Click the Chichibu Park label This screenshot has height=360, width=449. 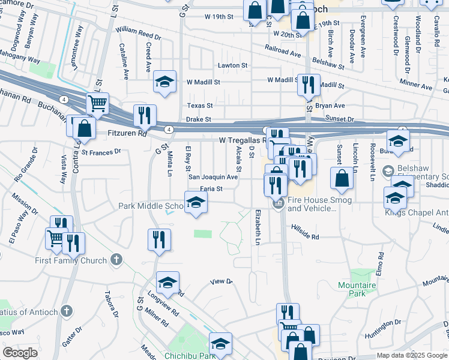[x=190, y=356]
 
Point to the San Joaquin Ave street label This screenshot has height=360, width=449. [x=213, y=177]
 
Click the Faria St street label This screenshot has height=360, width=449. [x=211, y=188]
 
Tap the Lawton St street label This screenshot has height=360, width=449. [x=233, y=65]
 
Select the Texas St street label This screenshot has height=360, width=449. [x=199, y=106]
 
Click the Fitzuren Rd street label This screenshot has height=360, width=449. [x=127, y=134]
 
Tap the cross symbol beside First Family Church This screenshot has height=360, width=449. [x=116, y=260]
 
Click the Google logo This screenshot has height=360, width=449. [x=20, y=353]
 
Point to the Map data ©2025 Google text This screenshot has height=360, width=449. [x=411, y=355]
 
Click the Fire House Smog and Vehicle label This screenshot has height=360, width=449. [x=312, y=205]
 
